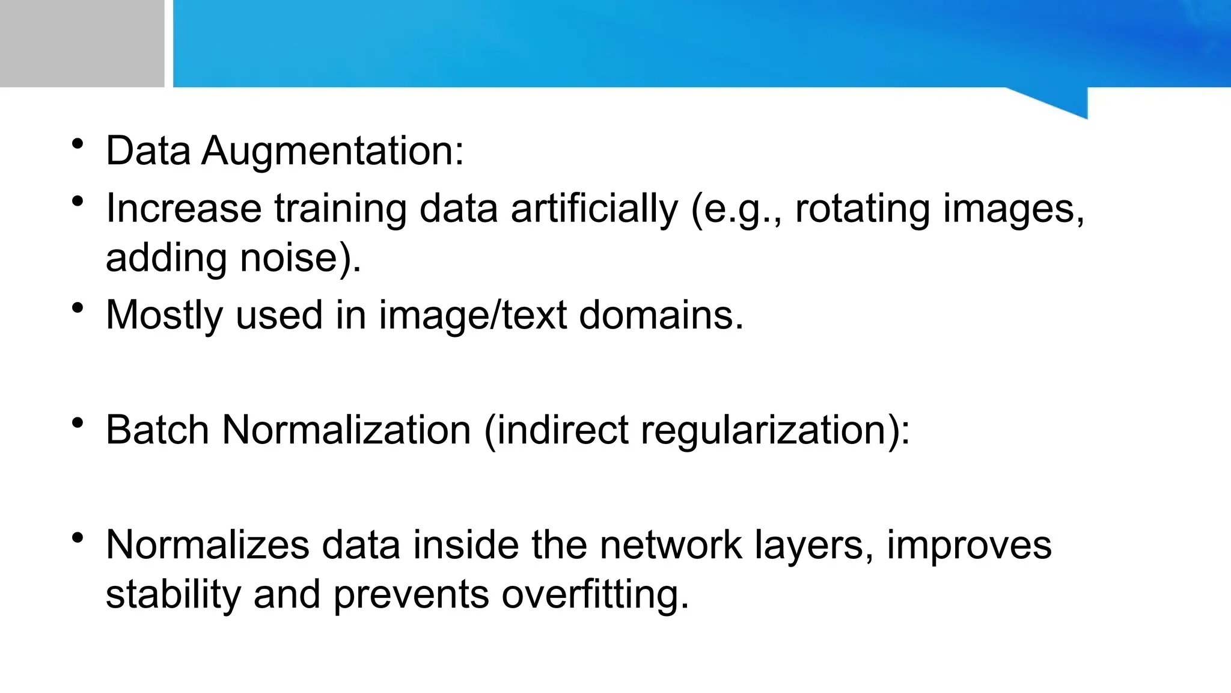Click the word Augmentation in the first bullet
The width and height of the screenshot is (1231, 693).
click(333, 151)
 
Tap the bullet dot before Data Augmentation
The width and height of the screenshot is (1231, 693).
click(77, 144)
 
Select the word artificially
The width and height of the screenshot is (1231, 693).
click(594, 209)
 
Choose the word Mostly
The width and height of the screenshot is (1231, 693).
click(164, 315)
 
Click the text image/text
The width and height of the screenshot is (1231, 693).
click(472, 315)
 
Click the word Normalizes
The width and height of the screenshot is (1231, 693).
click(207, 545)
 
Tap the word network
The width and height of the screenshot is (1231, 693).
click(671, 545)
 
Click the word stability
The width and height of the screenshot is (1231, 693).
click(173, 594)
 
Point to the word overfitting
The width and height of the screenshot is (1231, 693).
click(594, 594)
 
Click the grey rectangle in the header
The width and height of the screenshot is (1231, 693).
click(82, 43)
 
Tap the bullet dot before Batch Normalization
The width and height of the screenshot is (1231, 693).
click(77, 423)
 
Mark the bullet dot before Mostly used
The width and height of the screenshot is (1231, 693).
click(77, 309)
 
